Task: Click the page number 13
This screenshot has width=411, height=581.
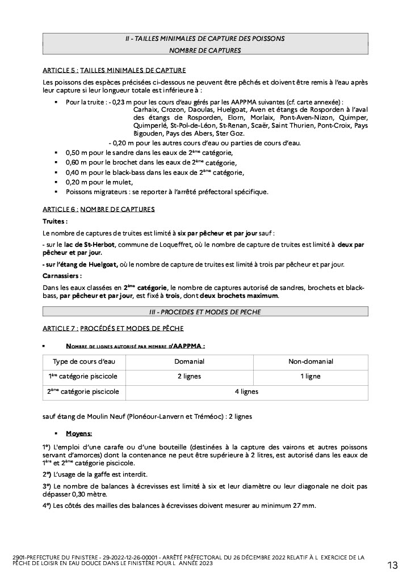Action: tap(393, 565)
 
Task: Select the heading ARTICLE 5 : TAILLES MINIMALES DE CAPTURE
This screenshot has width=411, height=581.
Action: tap(114, 71)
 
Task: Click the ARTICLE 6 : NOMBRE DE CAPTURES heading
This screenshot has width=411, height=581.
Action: tap(99, 209)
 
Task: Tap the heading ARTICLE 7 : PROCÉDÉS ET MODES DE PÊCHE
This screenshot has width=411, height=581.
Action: tap(113, 329)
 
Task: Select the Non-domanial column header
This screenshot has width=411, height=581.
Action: tap(311, 361)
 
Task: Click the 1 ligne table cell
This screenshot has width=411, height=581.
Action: tap(311, 376)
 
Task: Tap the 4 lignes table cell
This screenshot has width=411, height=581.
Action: tap(246, 391)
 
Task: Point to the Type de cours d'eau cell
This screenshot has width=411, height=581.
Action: tap(84, 361)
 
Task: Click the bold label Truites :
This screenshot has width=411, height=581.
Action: tap(55, 221)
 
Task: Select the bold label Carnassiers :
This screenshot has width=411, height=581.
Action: tap(62, 276)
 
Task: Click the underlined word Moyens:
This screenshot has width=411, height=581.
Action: tap(79, 434)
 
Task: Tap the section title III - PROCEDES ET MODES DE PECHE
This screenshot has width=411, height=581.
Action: tap(205, 311)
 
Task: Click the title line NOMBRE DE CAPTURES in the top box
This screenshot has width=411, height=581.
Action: tap(205, 50)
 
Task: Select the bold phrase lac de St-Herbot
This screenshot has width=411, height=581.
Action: tap(90, 245)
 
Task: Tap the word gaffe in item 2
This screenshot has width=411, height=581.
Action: tap(102, 474)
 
